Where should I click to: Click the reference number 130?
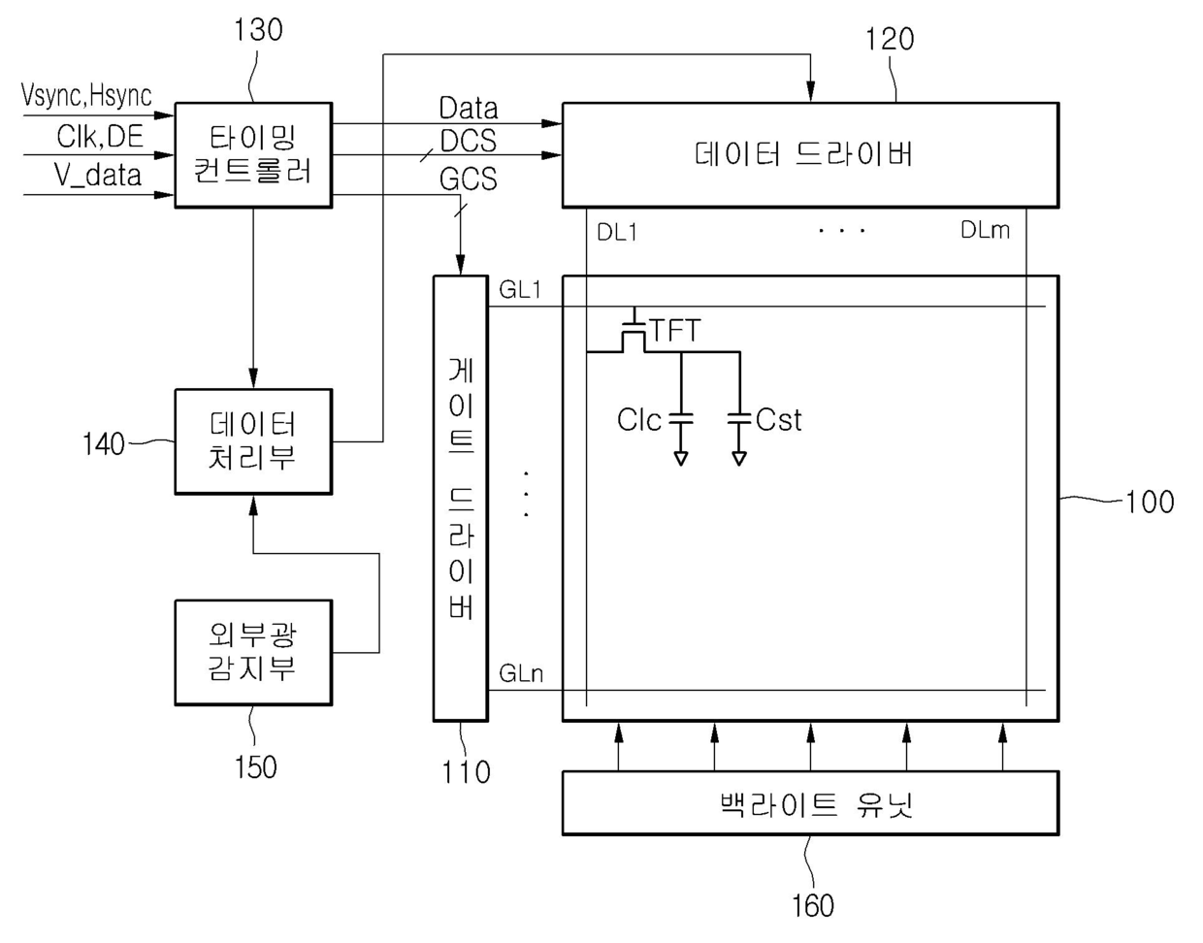click(x=258, y=30)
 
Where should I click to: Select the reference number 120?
click(x=890, y=40)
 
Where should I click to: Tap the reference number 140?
click(x=104, y=444)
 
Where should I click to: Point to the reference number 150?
click(x=255, y=767)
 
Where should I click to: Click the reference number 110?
click(x=467, y=772)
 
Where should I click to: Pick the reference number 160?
click(x=812, y=905)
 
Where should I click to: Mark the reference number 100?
click(x=1150, y=502)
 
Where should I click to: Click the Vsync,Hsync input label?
click(x=86, y=95)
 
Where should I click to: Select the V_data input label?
click(x=97, y=175)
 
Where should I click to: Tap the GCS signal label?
click(x=468, y=179)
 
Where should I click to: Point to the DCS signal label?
click(x=468, y=142)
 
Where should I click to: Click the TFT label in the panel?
click(x=675, y=331)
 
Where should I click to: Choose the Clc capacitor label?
click(x=639, y=420)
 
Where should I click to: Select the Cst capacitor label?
click(x=778, y=420)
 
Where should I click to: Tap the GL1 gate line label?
click(x=520, y=289)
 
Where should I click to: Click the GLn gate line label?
click(x=521, y=673)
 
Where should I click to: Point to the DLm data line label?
click(x=985, y=230)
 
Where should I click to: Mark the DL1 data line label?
click(x=617, y=233)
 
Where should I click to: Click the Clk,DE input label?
click(x=99, y=137)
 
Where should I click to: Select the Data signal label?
click(x=468, y=108)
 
